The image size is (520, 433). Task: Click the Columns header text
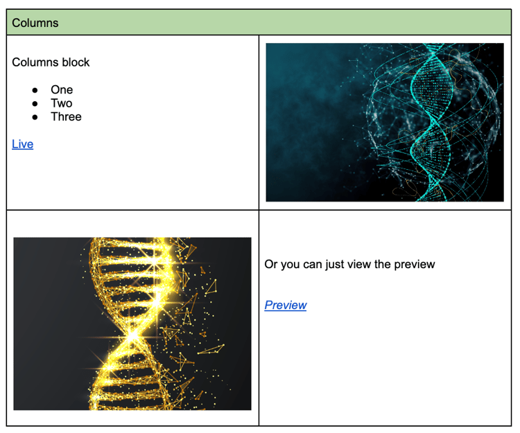(x=35, y=23)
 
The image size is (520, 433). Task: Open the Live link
(x=23, y=144)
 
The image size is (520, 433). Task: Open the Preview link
(x=286, y=305)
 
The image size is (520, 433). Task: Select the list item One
(x=62, y=90)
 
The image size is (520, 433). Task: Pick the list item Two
(x=62, y=103)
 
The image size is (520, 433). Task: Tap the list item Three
(x=66, y=117)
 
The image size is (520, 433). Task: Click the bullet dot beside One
(x=35, y=90)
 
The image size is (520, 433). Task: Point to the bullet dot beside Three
(x=35, y=117)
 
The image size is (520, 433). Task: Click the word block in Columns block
(x=76, y=62)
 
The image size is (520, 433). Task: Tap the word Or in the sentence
(x=271, y=265)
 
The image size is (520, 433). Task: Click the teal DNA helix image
(x=385, y=122)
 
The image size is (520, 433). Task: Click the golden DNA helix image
(x=132, y=324)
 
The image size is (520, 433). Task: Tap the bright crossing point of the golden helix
(x=132, y=337)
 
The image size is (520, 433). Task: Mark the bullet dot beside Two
(x=35, y=104)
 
